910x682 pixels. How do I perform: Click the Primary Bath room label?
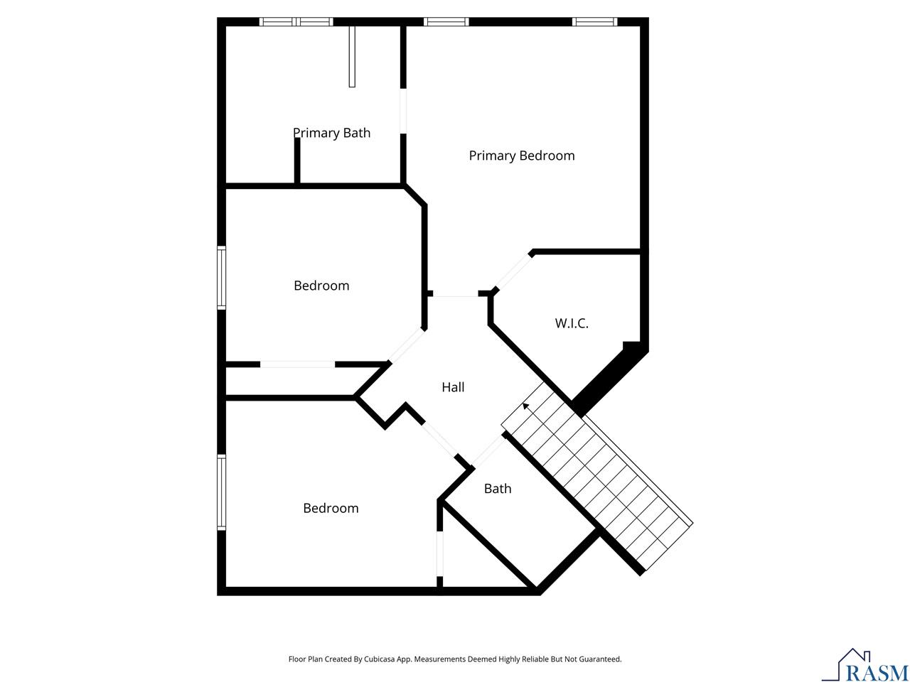pos(331,133)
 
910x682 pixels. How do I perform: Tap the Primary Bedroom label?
pos(522,156)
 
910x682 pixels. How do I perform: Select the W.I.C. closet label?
pos(572,323)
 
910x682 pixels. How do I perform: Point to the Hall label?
pos(453,387)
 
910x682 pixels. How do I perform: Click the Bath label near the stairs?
pos(498,489)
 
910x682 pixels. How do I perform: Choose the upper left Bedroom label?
pos(321,286)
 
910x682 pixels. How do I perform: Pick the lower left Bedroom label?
pos(331,508)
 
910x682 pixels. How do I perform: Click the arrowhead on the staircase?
pos(525,406)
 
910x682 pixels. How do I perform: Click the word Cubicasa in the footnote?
pos(380,659)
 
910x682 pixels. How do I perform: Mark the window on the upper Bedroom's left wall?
pos(222,278)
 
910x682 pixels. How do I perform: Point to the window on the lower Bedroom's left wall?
pos(222,492)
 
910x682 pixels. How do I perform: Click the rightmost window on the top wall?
pos(594,21)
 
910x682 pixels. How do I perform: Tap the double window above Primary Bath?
pos(296,21)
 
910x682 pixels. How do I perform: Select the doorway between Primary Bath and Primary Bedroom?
pos(403,111)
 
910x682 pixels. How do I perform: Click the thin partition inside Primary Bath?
pos(352,57)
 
